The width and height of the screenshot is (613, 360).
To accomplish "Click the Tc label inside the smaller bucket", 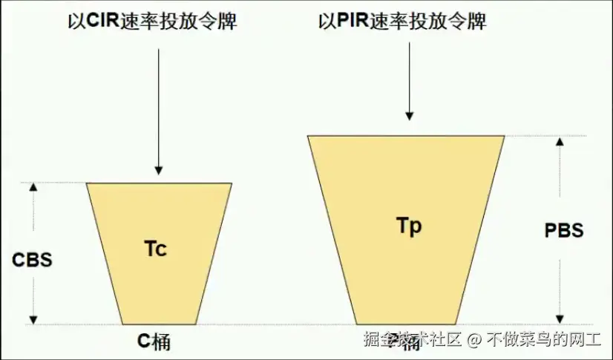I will [155, 249].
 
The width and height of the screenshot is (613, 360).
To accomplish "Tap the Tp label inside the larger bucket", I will [409, 226].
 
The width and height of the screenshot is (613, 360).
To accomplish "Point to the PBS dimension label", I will [563, 230].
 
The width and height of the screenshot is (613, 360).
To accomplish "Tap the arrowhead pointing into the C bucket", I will [158, 169].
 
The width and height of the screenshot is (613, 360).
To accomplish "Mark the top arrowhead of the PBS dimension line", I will [562, 141].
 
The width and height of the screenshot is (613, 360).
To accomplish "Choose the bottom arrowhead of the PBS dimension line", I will [562, 319].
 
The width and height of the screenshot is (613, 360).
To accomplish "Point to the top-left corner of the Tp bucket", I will [309, 137].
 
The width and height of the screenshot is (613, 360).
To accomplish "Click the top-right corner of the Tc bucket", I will [231, 184].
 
